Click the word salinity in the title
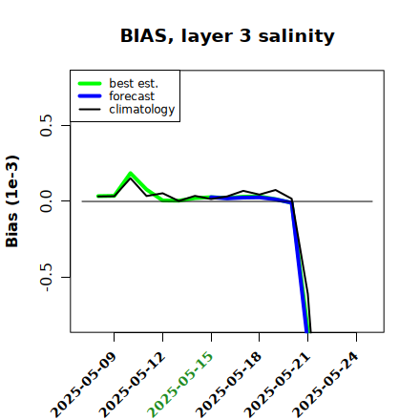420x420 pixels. [296, 35]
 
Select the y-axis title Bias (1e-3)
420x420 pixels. [11, 201]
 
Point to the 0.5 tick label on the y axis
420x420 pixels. [46, 125]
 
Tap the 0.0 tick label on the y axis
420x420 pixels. [46, 201]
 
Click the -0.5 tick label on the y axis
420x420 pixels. [46, 278]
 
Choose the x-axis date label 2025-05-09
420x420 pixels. [84, 385]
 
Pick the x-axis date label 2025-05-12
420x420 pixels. [133, 385]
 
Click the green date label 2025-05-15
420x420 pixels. [180, 385]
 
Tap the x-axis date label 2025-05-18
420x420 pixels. [229, 385]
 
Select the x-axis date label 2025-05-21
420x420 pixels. [277, 385]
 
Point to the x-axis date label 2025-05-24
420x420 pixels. [325, 385]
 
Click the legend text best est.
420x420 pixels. [134, 83]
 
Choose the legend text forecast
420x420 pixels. [132, 96]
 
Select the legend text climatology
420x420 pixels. [142, 110]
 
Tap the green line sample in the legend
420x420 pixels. [90, 83]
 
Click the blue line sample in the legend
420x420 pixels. [90, 96]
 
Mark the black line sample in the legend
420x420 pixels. [90, 109]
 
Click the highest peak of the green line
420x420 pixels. [130, 174]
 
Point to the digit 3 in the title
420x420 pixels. [245, 36]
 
